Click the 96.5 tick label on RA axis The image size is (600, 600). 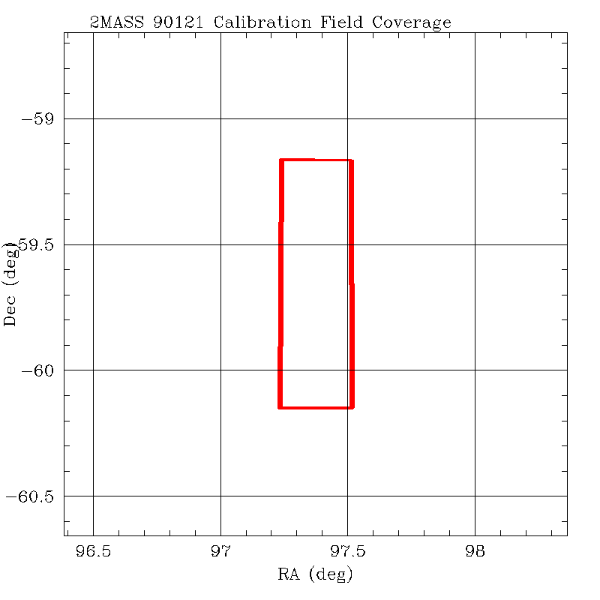[93, 553]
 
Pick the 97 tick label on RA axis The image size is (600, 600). [220, 553]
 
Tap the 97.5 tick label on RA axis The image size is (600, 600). [347, 553]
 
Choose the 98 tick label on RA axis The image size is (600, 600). [475, 553]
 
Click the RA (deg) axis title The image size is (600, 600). [315, 575]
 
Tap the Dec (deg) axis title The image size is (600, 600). [10, 283]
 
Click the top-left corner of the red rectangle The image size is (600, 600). [280, 160]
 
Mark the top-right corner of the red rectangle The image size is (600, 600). [351, 160]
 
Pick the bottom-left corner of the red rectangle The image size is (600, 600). [280, 407]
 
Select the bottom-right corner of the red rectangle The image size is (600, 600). [352, 407]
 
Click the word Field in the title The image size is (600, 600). [342, 22]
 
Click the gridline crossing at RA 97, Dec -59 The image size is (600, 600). [220, 119]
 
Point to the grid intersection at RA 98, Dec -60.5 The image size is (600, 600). [475, 496]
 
